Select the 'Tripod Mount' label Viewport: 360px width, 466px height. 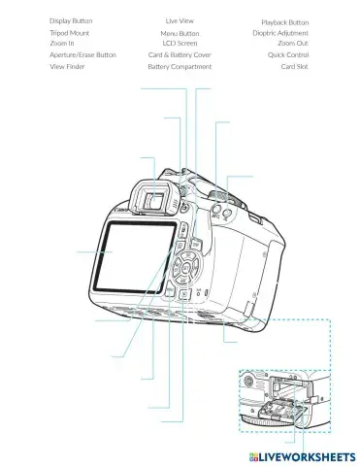click(69, 33)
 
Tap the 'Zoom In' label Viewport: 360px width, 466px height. click(61, 44)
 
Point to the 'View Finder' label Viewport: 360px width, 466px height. click(68, 67)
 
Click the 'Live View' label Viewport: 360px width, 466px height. click(180, 20)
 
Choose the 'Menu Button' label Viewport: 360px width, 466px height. click(180, 33)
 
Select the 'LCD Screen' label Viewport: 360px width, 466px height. click(180, 44)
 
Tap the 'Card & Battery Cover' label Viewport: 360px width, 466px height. click(180, 55)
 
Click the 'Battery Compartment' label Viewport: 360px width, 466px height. click(180, 67)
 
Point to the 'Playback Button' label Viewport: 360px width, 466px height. click(285, 21)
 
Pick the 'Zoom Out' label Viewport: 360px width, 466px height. click(293, 44)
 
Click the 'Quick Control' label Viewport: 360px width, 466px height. click(288, 55)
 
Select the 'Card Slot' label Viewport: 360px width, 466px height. click(295, 67)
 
